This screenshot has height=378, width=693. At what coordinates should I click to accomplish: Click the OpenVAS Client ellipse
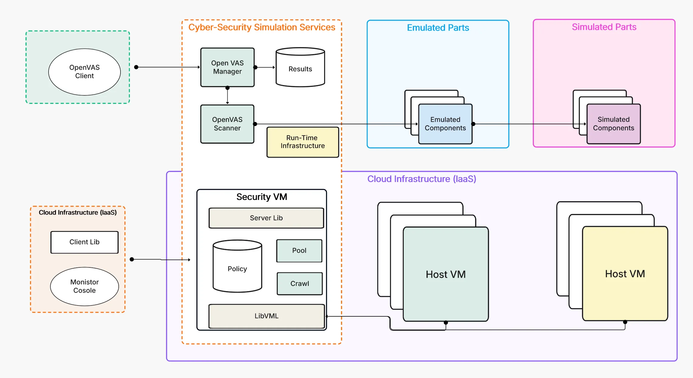(84, 72)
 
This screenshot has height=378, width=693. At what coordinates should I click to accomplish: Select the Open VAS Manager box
(227, 67)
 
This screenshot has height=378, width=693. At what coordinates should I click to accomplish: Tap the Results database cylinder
(300, 69)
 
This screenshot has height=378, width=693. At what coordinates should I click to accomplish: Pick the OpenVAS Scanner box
(227, 124)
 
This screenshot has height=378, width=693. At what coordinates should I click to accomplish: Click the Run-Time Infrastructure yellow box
(303, 142)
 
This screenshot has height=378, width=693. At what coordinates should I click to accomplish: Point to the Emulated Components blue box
(445, 124)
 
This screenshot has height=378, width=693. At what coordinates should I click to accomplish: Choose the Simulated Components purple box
(613, 124)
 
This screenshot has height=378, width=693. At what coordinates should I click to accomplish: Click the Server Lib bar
(266, 218)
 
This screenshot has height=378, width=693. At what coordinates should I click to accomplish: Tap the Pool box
(299, 251)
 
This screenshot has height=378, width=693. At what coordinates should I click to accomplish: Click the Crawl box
(300, 283)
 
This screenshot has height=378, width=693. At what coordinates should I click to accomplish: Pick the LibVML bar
(267, 316)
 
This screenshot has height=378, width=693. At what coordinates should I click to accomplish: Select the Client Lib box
(84, 242)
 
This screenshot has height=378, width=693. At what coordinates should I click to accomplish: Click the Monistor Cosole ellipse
(84, 286)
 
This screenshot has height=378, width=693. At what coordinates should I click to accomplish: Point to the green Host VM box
(446, 274)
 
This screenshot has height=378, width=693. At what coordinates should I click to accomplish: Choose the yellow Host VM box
(625, 273)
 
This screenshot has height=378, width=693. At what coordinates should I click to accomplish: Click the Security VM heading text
(262, 197)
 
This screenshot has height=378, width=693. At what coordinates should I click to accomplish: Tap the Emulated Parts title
(438, 28)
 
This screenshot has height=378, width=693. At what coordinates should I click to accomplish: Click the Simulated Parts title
(604, 27)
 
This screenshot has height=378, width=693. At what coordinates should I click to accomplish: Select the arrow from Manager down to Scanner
(227, 96)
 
